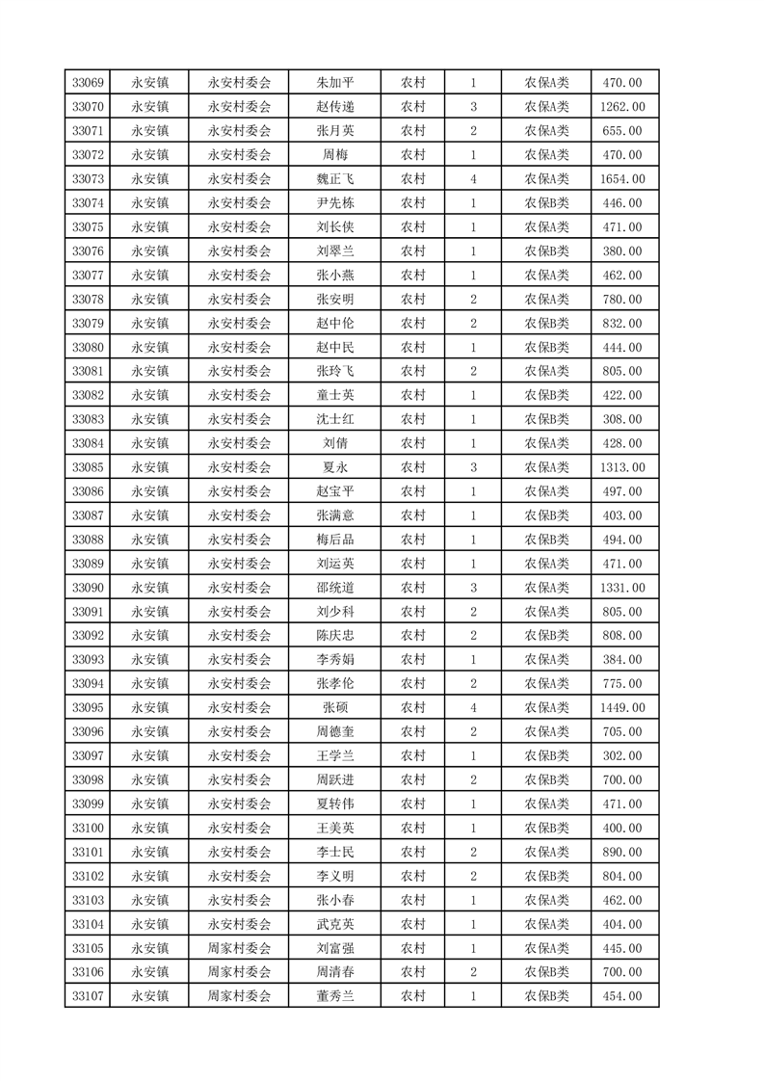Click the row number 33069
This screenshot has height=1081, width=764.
pyautogui.click(x=88, y=83)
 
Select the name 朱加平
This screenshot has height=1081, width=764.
pyautogui.click(x=334, y=83)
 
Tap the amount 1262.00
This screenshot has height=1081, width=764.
pyautogui.click(x=621, y=107)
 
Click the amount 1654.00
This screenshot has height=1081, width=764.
pyautogui.click(x=621, y=179)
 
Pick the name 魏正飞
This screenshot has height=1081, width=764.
pyautogui.click(x=334, y=179)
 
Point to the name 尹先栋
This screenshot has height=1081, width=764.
pyautogui.click(x=334, y=203)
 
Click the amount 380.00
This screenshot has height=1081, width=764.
pyautogui.click(x=621, y=251)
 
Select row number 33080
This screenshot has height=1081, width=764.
pyautogui.click(x=88, y=347)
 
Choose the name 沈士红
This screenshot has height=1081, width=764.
pyautogui.click(x=334, y=419)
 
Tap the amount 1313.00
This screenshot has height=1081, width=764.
pyautogui.click(x=621, y=467)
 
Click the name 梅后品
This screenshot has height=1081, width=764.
pyautogui.click(x=334, y=540)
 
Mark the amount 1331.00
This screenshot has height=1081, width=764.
pyautogui.click(x=621, y=588)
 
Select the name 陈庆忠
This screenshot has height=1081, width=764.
pyautogui.click(x=334, y=636)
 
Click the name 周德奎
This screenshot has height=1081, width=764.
pyautogui.click(x=334, y=731)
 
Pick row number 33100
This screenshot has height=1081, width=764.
pyautogui.click(x=88, y=828)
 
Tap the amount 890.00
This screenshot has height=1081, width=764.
pyautogui.click(x=621, y=852)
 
